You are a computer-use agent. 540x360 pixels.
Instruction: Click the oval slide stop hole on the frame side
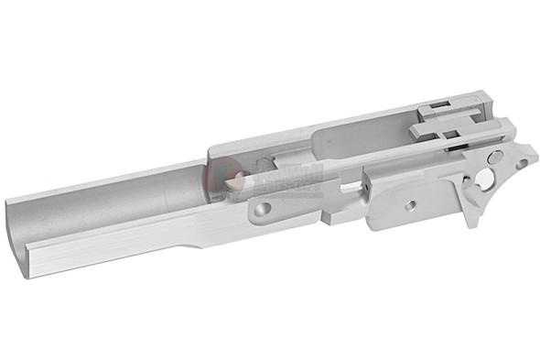tap(263, 210)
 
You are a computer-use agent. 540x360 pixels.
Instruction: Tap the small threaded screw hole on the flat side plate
tap(411, 204)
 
